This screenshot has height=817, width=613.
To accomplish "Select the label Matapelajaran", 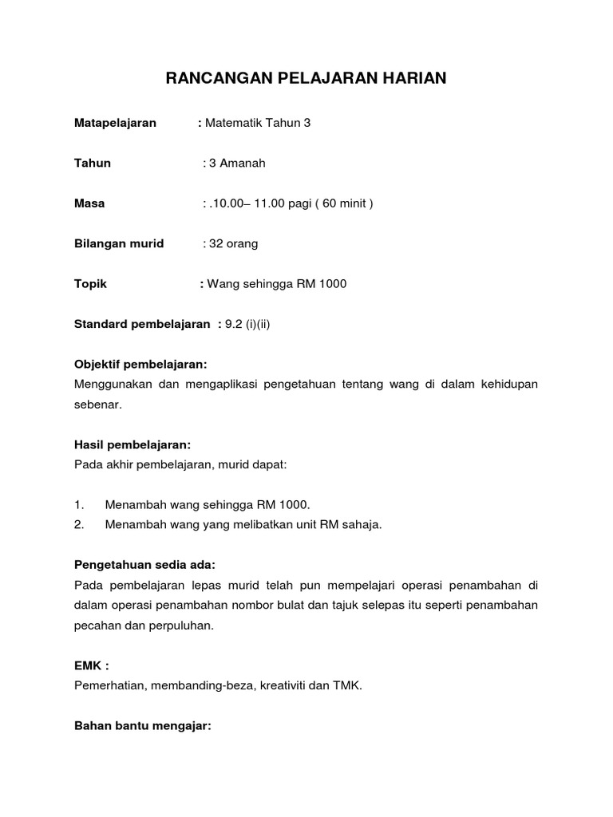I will point(115,123).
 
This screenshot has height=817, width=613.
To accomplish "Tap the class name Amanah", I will point(243,164).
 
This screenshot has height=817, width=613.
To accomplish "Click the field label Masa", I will point(89,203).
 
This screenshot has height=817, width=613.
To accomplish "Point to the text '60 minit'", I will point(345,203).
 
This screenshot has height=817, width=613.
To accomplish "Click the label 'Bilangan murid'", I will point(119,243).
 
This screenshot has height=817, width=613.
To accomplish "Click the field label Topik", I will point(90,284).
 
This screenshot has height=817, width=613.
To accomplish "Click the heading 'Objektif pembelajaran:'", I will point(140,365).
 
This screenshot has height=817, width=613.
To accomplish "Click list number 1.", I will point(79,505).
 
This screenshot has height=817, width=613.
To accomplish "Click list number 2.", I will point(79,524).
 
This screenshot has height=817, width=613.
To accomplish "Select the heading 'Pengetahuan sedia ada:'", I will point(144,565).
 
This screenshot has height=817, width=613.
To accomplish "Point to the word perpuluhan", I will point(184,626).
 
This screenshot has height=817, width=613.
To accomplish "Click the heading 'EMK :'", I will point(91,665).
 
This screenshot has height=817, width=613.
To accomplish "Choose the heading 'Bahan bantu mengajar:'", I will point(142,726).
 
